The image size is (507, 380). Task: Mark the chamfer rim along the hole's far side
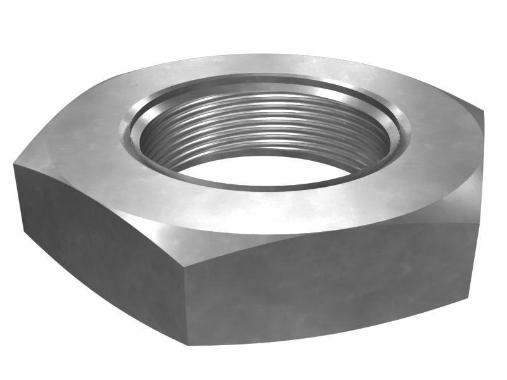(266, 85)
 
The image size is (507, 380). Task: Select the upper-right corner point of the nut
(483, 113)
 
